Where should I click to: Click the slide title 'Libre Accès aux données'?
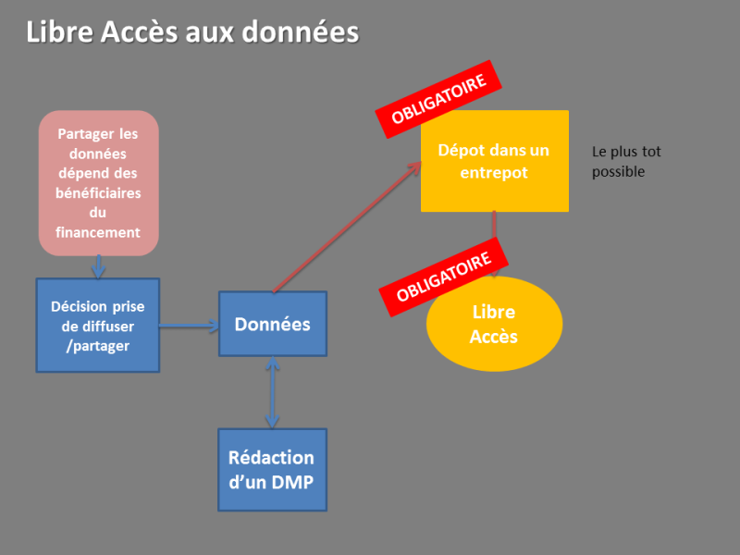tap(192, 32)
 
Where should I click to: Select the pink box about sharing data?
tap(99, 182)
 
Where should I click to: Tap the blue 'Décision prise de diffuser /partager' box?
tap(98, 326)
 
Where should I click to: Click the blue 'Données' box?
tap(272, 324)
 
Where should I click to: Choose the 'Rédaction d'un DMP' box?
tap(272, 469)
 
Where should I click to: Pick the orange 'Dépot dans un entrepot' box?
tap(494, 161)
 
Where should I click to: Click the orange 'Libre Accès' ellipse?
tap(494, 324)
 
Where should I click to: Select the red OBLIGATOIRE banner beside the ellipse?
tap(443, 276)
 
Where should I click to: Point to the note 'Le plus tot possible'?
tap(626, 162)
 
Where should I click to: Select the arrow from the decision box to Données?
tap(189, 326)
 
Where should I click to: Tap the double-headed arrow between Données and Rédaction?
tap(272, 392)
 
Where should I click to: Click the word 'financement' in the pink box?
tap(98, 233)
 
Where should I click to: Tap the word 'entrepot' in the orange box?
tap(493, 172)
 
